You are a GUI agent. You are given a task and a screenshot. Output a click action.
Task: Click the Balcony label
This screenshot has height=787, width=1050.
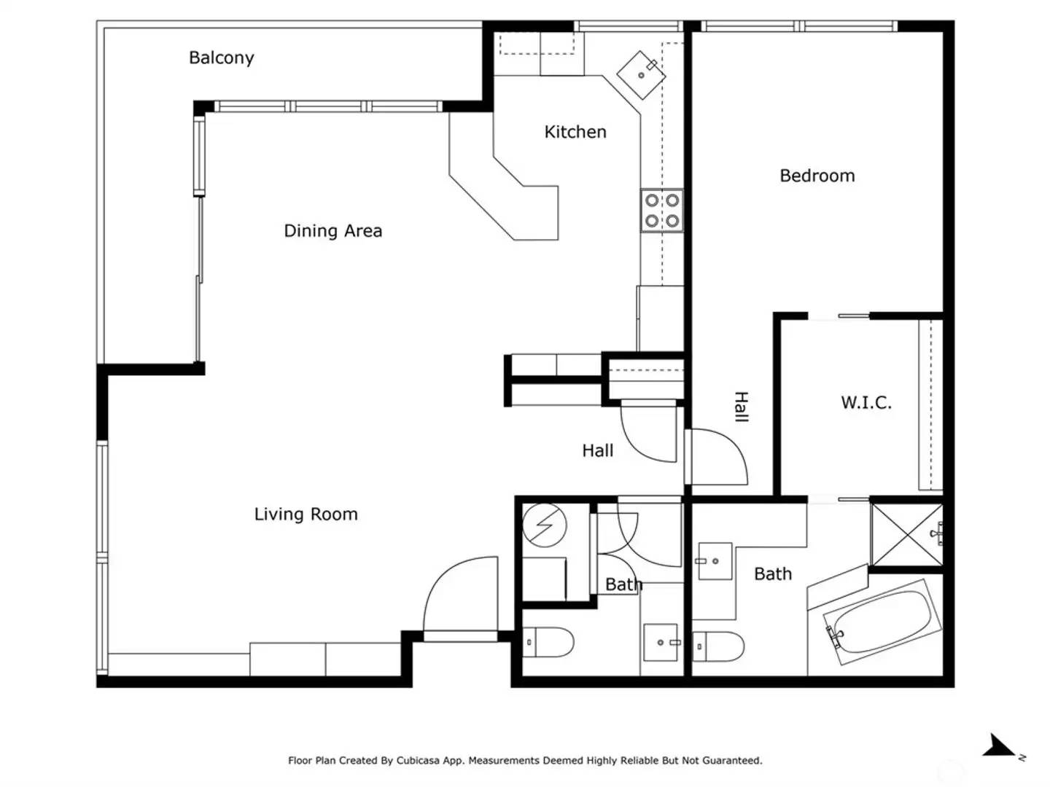click(221, 58)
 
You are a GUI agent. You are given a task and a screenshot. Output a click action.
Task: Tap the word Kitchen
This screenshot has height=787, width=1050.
click(575, 132)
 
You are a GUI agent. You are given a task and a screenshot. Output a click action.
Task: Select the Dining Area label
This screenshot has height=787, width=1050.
click(332, 231)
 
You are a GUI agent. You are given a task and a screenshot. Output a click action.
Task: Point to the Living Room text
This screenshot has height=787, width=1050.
click(306, 514)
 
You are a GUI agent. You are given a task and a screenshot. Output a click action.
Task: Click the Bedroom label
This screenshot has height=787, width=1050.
click(817, 176)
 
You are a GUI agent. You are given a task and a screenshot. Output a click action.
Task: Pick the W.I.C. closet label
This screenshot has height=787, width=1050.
click(866, 403)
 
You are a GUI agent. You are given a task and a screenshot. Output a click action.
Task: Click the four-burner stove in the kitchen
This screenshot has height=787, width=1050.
click(662, 211)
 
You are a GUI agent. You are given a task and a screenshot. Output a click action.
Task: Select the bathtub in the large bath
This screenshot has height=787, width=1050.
click(882, 622)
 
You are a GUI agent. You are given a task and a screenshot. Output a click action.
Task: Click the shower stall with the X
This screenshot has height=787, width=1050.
click(906, 535)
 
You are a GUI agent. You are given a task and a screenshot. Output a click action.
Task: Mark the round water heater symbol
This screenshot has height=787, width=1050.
click(545, 525)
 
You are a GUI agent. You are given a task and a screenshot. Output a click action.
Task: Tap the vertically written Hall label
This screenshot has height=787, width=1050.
click(741, 407)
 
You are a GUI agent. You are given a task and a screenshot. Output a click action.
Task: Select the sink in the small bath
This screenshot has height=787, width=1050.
click(661, 642)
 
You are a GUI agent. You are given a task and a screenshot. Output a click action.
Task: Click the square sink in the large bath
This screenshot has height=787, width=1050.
click(715, 561)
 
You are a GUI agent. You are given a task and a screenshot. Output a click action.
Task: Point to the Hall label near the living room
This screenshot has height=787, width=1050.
click(597, 451)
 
